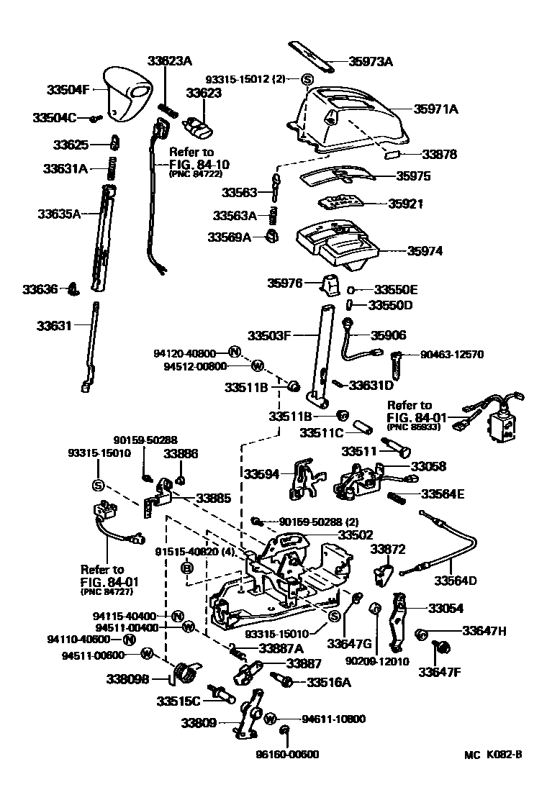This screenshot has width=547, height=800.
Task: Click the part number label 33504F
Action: (x=68, y=91)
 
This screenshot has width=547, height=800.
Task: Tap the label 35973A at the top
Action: (x=371, y=62)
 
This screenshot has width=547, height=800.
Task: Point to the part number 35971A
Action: (x=435, y=109)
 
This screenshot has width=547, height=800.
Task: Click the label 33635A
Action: (x=59, y=214)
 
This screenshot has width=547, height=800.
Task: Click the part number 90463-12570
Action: (x=452, y=355)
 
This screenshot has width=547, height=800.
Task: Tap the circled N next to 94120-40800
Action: (x=234, y=353)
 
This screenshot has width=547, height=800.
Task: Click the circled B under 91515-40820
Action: (x=187, y=568)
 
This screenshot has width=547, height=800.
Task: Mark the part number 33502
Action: (x=356, y=535)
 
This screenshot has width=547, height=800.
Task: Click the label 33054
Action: (x=446, y=608)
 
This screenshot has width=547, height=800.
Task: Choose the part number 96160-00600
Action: (x=287, y=755)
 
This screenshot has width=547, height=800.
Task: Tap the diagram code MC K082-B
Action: (x=492, y=755)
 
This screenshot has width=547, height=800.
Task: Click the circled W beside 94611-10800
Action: (x=271, y=719)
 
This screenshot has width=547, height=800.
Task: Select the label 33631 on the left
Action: (x=55, y=326)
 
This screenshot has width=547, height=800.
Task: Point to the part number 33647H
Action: (x=484, y=631)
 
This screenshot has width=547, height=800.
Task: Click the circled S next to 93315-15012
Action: (x=307, y=79)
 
